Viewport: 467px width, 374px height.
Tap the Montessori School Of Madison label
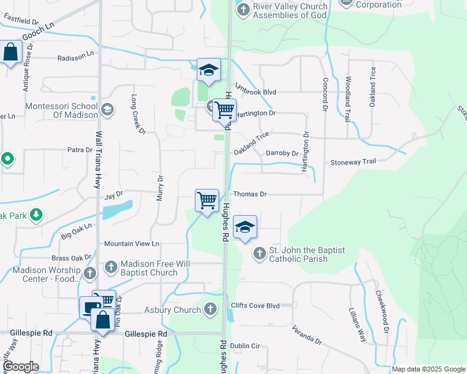pyautogui.click(x=61, y=111)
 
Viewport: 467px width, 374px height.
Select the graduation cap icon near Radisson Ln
pyautogui.click(x=209, y=70)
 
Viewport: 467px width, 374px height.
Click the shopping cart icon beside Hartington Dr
pyautogui.click(x=224, y=110)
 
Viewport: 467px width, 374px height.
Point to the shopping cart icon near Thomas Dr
pyautogui.click(x=207, y=201)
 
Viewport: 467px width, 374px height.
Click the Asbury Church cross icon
pyautogui.click(x=210, y=309)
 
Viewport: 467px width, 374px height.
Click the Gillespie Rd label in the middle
pyautogui.click(x=146, y=334)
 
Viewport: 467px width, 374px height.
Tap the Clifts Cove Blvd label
pyautogui.click(x=255, y=306)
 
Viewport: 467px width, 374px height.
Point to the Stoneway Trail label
pyautogui.click(x=353, y=161)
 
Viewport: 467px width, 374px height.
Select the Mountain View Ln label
pyautogui.click(x=132, y=244)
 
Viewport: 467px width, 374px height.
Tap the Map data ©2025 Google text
pyautogui.click(x=428, y=369)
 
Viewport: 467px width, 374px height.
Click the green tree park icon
pyautogui.click(x=37, y=215)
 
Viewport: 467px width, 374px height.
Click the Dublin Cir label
pyautogui.click(x=244, y=345)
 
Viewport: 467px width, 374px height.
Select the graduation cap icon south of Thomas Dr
pyautogui.click(x=245, y=228)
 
